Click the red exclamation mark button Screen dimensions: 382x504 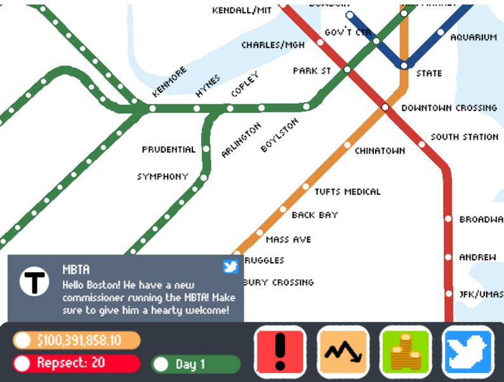coord(280,350)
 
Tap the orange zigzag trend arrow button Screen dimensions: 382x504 coord(343,350)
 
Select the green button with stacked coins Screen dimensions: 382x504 coord(405,350)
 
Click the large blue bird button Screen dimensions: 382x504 coord(468,350)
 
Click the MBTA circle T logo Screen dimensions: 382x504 coord(34,282)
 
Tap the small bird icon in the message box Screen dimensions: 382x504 coord(230,267)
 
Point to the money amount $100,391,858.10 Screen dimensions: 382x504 coord(76,341)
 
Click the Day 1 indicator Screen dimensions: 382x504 coord(196,364)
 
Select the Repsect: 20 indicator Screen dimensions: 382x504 coord(76,364)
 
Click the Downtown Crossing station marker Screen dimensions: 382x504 coord(385,107)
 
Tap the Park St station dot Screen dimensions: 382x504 coord(347,69)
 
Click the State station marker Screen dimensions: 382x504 coord(404,65)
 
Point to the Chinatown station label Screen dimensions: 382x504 coord(380,151)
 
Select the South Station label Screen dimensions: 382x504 coord(464,137)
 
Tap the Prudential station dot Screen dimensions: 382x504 coord(206,149)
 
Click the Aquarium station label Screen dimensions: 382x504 coord(473,37)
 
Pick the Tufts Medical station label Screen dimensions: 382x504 coord(348,192)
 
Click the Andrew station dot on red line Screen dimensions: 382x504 coord(448,257)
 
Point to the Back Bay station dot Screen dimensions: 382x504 coord(283,209)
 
